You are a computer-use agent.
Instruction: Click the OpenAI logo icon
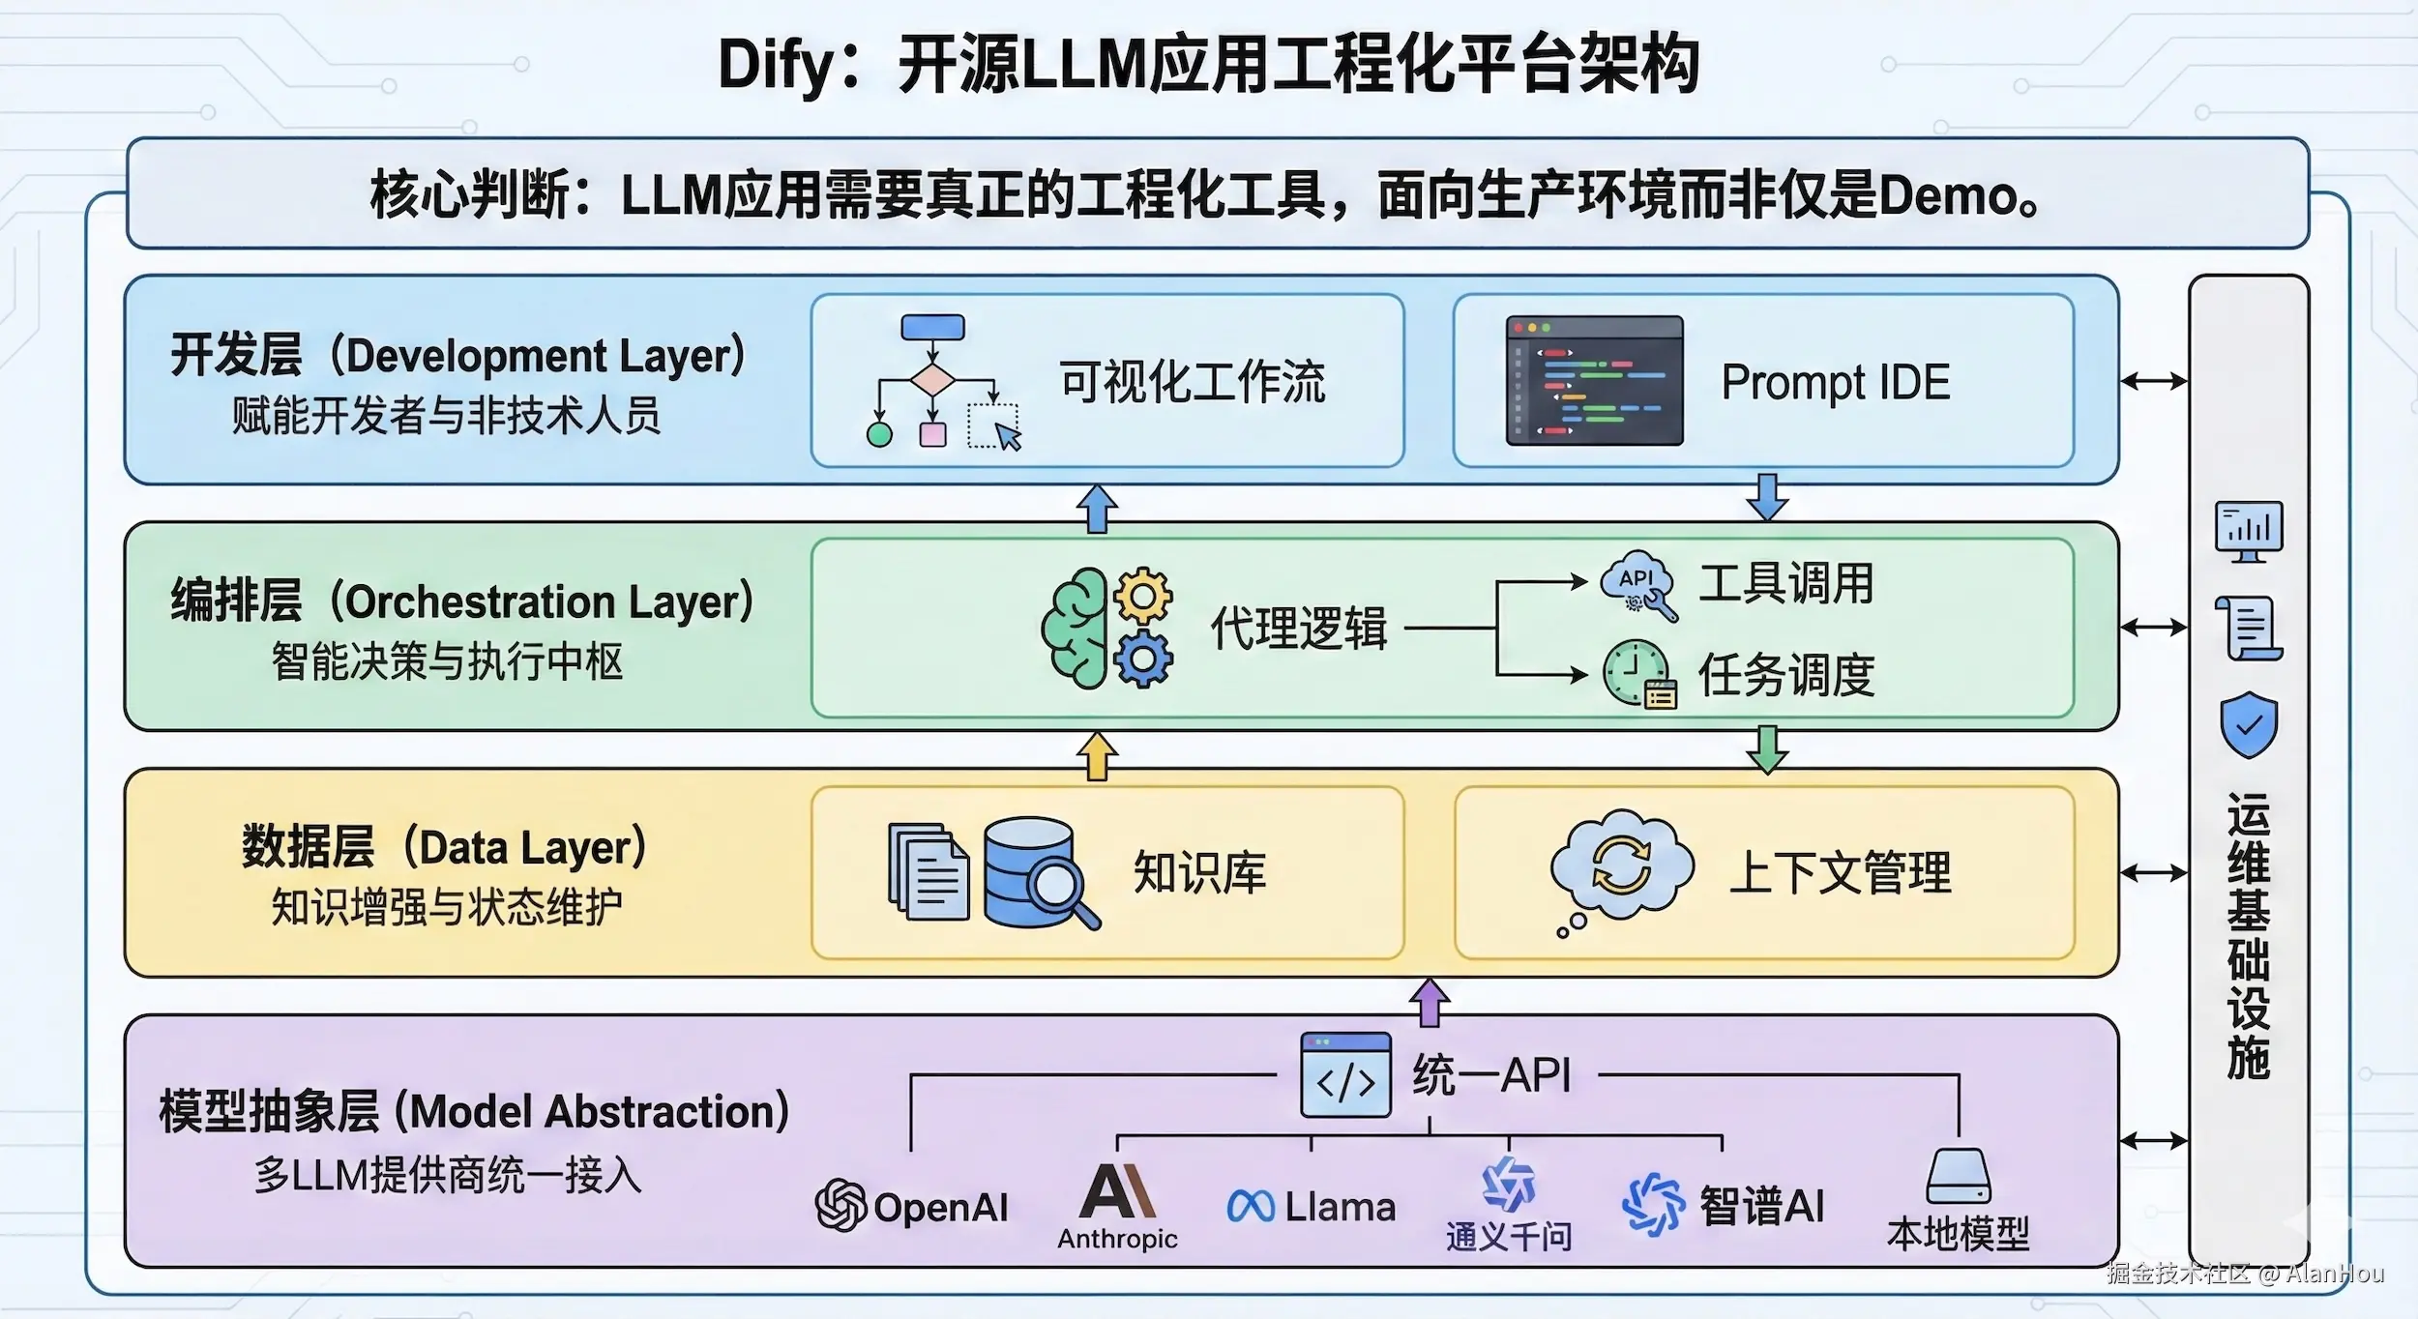[x=840, y=1206]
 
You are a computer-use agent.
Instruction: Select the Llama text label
[x=1340, y=1207]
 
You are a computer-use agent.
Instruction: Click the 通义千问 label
[x=1508, y=1236]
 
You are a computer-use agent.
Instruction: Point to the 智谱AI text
[x=1761, y=1206]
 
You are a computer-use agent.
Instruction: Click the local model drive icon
[x=1958, y=1175]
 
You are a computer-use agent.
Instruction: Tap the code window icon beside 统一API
[x=1345, y=1075]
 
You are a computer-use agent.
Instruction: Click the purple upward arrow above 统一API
[x=1429, y=1002]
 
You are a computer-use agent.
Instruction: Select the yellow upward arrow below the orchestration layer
[x=1097, y=755]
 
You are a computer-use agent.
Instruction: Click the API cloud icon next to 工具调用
[x=1637, y=584]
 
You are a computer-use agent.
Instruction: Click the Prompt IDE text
[x=1835, y=382]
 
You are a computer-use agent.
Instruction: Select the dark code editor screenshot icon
[x=1594, y=380]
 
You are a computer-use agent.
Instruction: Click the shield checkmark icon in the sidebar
[x=2249, y=724]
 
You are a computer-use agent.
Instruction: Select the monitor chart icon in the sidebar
[x=2249, y=531]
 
